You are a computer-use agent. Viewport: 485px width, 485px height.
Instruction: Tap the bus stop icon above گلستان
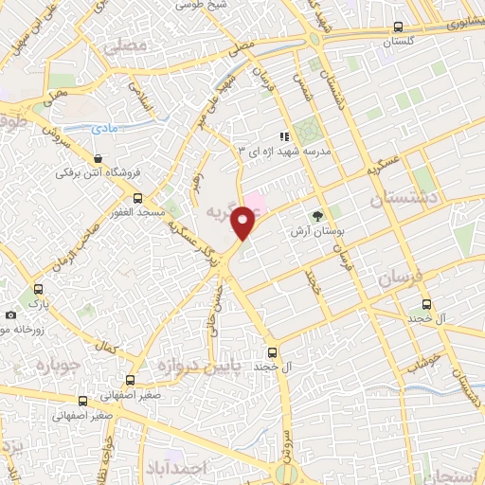399,27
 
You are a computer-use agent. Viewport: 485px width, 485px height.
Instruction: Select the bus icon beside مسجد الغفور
138,199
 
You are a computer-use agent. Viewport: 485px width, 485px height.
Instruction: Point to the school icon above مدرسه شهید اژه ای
284,137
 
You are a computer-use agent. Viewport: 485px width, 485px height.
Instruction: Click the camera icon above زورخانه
10,315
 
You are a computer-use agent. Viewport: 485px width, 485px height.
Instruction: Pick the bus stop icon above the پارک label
39,289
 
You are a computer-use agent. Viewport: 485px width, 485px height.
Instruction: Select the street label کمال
109,350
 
